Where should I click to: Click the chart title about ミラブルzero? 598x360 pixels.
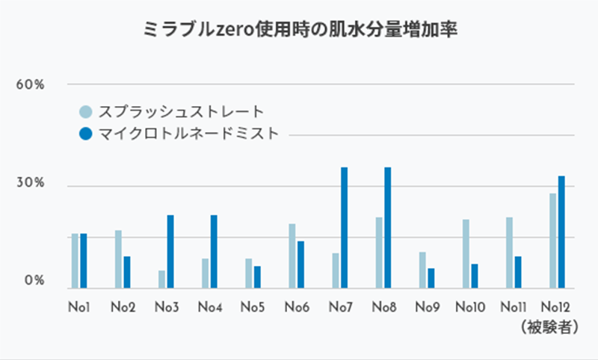point(299,31)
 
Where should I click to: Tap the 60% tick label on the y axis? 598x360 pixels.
point(31,84)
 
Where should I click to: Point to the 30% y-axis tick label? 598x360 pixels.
point(31,184)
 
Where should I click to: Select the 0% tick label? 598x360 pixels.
point(34,282)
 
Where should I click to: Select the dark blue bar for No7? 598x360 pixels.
point(345,228)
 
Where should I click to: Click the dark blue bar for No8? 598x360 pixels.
point(388,228)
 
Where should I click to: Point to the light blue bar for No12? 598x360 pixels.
point(552,240)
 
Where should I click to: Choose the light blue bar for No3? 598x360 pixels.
point(161,279)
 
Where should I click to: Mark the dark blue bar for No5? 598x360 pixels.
point(258,276)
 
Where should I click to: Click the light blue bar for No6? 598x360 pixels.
point(292,255)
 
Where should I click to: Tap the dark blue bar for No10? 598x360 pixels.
point(475,276)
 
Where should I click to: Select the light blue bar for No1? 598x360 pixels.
point(75,261)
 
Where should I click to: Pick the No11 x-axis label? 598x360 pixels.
point(513,306)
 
